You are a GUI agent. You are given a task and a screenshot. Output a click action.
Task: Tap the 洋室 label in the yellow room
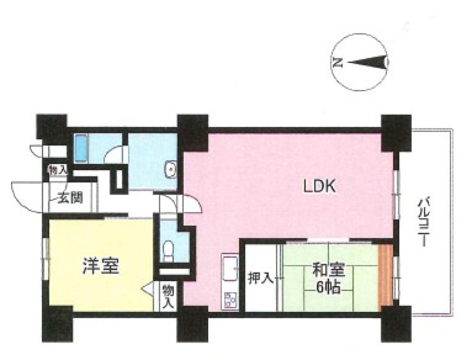tap(101, 266)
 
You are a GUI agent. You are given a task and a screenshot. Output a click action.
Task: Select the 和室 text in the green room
tap(329, 270)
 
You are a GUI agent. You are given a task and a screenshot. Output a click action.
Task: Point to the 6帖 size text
tap(328, 288)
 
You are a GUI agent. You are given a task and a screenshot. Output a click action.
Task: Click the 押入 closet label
tap(261, 278)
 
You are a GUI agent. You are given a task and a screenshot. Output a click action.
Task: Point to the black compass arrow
tap(366, 62)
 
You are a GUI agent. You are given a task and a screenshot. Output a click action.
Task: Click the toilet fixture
tap(168, 252)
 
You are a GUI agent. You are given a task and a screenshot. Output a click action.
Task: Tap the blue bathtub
tap(80, 148)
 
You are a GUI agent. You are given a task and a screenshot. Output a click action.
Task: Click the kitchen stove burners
tap(231, 300)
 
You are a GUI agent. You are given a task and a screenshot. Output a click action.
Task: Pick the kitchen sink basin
tap(230, 269)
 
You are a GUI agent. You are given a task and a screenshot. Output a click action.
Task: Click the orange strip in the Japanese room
tap(385, 274)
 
